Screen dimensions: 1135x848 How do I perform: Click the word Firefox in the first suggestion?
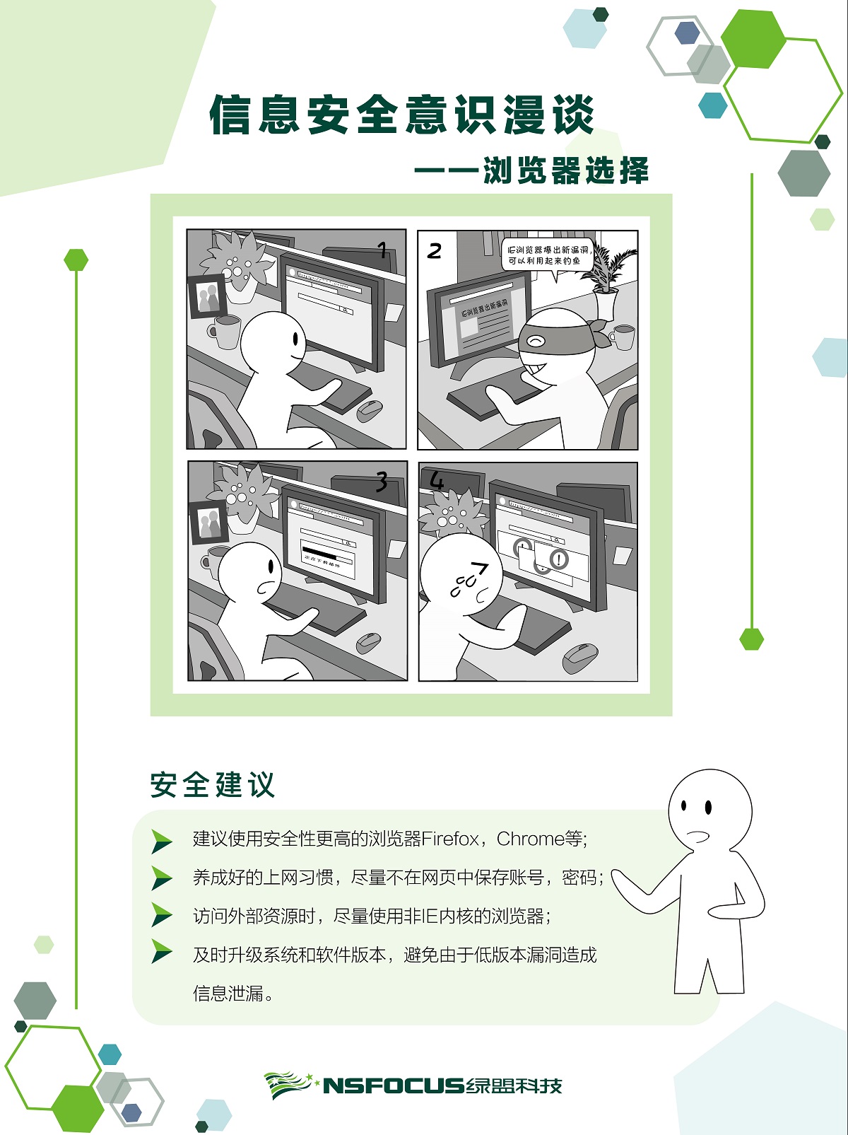click(450, 839)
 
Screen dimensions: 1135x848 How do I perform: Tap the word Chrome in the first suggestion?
click(530, 839)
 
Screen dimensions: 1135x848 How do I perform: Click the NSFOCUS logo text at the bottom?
click(393, 1085)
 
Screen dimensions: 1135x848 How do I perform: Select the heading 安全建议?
click(212, 785)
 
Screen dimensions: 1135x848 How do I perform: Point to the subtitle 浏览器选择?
click(565, 171)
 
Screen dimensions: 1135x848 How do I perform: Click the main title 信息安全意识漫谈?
click(402, 115)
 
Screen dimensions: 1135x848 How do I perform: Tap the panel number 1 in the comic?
click(382, 250)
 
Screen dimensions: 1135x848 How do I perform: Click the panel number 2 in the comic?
click(434, 251)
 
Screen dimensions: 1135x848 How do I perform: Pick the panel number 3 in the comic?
click(382, 482)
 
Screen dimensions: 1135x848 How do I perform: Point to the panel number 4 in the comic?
click(437, 482)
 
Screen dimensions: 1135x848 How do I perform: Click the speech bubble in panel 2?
click(547, 255)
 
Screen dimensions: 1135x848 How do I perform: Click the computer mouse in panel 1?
click(369, 409)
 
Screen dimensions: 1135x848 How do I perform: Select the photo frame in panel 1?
click(207, 296)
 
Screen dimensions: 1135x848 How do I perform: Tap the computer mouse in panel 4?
click(580, 658)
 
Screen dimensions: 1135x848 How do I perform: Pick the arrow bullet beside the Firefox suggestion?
click(162, 840)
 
